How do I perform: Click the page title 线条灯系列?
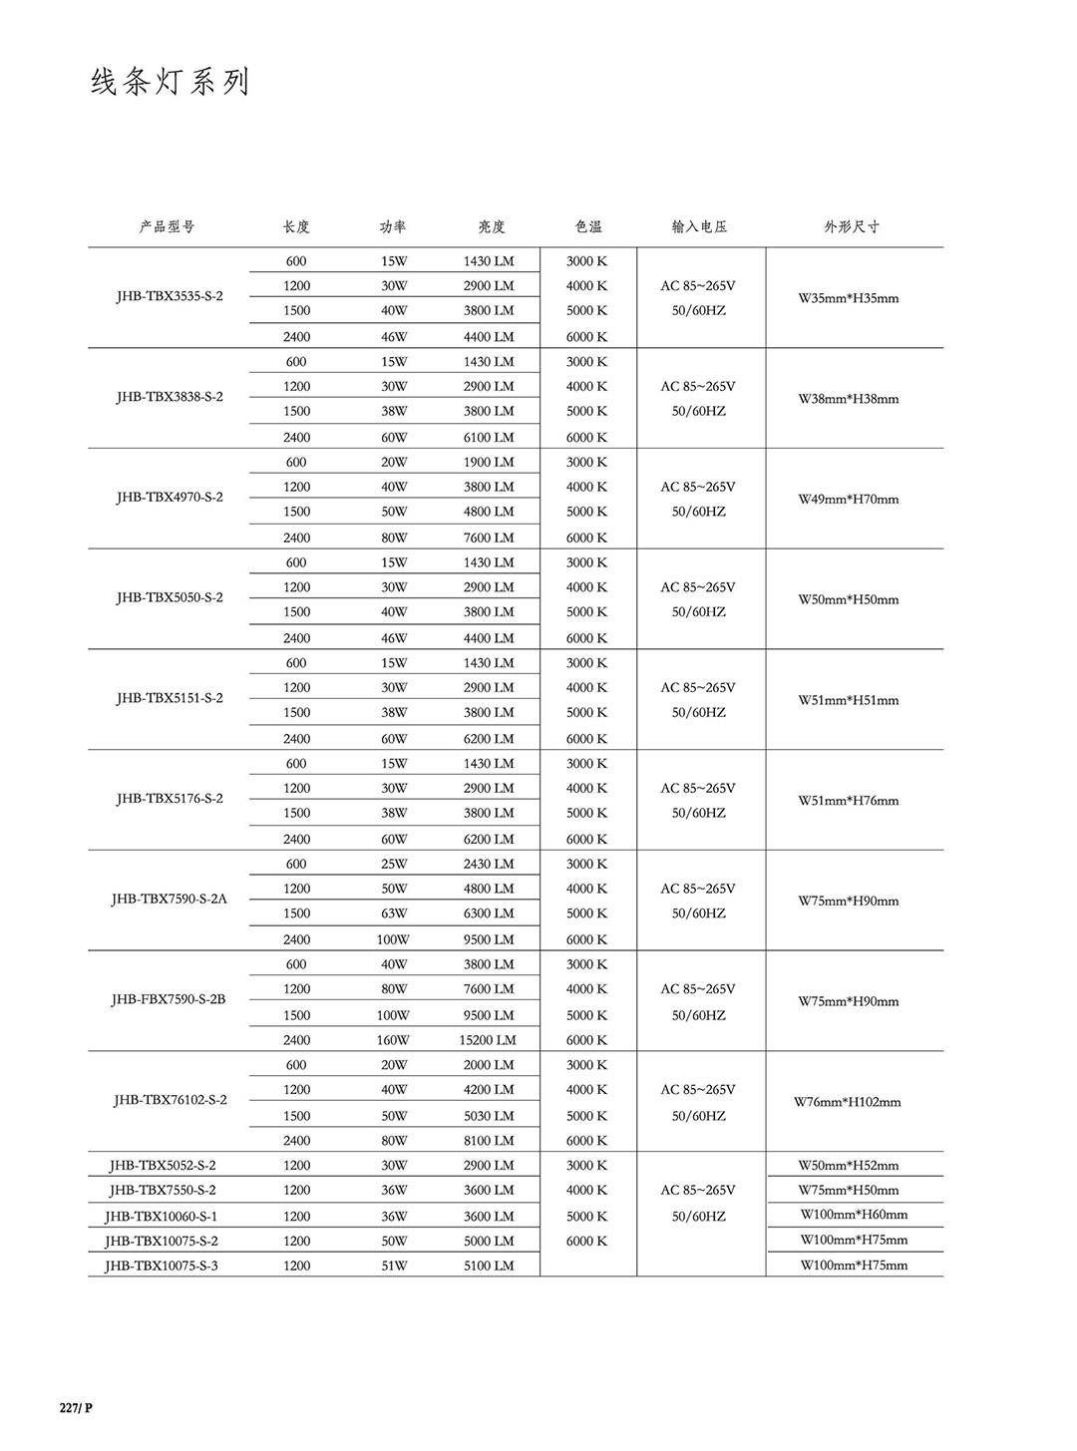tap(170, 82)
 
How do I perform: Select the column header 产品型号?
tap(167, 226)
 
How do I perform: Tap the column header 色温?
tap(588, 226)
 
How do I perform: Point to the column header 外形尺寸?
tap(851, 226)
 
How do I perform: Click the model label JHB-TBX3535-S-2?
tap(170, 296)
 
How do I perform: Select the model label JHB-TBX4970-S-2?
tap(170, 497)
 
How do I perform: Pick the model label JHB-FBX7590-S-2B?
tap(169, 998)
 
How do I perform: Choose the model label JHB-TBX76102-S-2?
tap(171, 1099)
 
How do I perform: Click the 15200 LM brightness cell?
tap(488, 1039)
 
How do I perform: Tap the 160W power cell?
tap(393, 1039)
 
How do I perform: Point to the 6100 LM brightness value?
tap(489, 437)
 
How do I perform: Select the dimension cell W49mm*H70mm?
tap(848, 499)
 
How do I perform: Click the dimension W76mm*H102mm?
tap(848, 1102)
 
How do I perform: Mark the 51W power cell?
tap(394, 1266)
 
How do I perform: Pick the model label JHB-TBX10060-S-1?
tap(162, 1216)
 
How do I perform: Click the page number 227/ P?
tap(76, 1407)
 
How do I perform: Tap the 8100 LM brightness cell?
tap(489, 1140)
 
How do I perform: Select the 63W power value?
tap(394, 912)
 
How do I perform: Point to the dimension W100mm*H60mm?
tap(854, 1214)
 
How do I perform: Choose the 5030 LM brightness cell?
tap(489, 1115)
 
